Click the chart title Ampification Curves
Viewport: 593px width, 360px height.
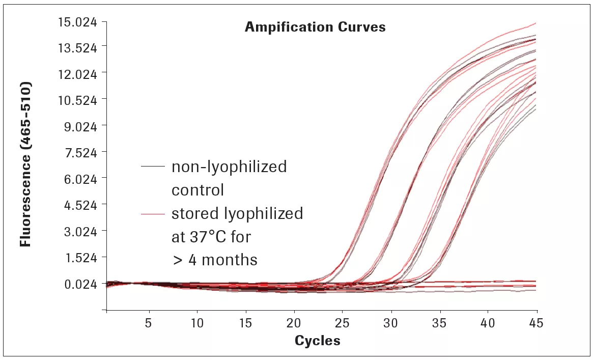[315, 27]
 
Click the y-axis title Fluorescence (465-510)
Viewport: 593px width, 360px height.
[25, 163]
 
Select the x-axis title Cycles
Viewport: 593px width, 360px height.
[317, 341]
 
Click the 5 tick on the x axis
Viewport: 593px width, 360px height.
[149, 323]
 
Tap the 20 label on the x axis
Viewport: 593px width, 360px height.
[294, 323]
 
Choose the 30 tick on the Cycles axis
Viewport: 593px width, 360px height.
[391, 323]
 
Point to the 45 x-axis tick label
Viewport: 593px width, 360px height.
[536, 323]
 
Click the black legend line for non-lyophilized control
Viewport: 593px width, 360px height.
[153, 167]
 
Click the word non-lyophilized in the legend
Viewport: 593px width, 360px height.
[229, 167]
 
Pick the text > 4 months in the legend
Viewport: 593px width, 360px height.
[214, 260]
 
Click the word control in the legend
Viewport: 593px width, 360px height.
[197, 190]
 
